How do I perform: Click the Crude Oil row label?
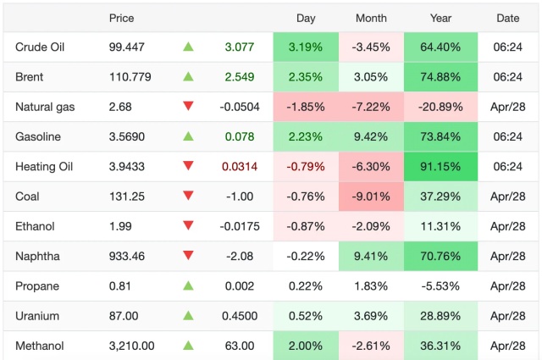40,47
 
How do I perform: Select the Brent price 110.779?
130,77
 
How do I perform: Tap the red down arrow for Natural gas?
188,106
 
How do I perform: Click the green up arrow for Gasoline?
188,136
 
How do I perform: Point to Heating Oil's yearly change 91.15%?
440,167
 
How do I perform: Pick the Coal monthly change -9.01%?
371,197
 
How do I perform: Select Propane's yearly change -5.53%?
440,285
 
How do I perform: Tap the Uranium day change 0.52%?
306,316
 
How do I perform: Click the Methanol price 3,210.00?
131,346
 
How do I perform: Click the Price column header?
122,18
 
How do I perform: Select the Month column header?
371,18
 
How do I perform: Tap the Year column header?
440,18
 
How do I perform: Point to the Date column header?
508,18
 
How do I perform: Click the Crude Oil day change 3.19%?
306,47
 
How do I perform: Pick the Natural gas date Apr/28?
508,107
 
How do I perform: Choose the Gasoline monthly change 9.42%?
371,136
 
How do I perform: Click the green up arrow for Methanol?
188,346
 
